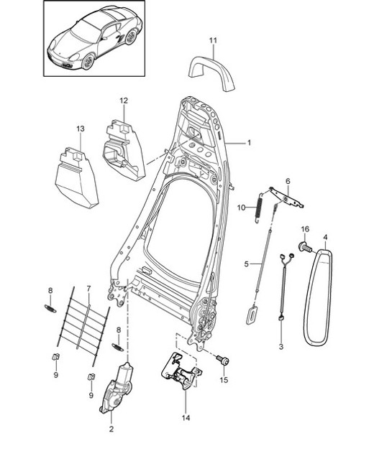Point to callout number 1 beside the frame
248,143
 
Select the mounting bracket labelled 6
288,197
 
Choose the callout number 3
282,346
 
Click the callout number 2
111,429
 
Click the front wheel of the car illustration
88,62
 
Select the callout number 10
242,208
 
